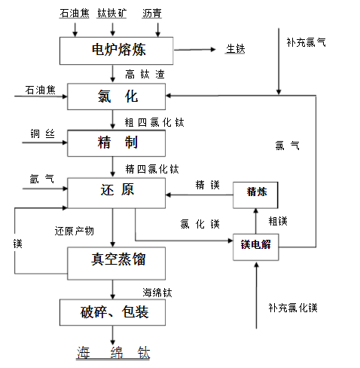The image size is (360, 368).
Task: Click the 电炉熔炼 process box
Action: point(119,51)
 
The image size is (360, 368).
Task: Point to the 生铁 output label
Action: point(235,50)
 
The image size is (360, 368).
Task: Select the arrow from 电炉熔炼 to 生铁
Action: point(199,51)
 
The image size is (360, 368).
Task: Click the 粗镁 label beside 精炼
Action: point(278,220)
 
